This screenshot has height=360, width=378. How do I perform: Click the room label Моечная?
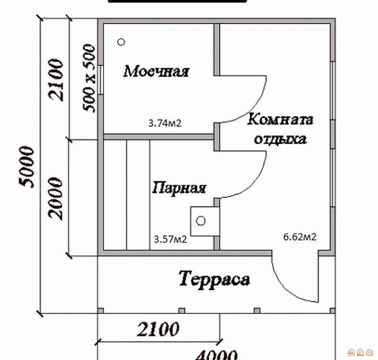[x=156, y=71]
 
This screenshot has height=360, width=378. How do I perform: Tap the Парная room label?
[x=179, y=188]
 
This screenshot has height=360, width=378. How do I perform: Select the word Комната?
[x=280, y=119]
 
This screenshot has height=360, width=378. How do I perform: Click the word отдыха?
[x=280, y=139]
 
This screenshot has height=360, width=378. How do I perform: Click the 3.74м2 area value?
[x=165, y=123]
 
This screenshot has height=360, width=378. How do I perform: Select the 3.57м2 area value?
[x=170, y=240]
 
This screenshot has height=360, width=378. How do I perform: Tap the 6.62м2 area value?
[x=299, y=237]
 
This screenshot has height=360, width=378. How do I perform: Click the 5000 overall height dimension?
[x=27, y=167]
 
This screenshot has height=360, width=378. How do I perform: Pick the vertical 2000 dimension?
[x=55, y=198]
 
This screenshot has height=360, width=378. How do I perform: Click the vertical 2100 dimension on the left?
[x=56, y=80]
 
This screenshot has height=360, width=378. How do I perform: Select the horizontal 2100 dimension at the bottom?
[x=158, y=329]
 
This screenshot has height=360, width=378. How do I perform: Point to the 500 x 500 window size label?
[x=89, y=78]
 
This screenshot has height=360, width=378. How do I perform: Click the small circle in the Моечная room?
[x=121, y=42]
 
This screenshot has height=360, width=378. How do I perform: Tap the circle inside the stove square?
[x=200, y=221]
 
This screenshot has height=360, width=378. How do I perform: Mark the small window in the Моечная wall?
[x=100, y=80]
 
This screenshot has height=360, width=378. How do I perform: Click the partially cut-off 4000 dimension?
[x=216, y=355]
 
